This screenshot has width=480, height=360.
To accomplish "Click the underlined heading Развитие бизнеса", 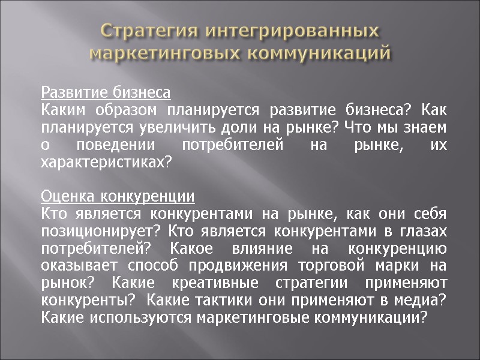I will pyautogui.click(x=106, y=94).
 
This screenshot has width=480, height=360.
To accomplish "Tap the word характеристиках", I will pyautogui.click(x=101, y=163).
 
